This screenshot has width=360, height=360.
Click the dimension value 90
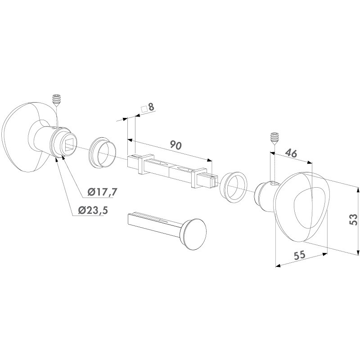(176, 145)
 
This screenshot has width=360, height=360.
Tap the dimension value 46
(291, 153)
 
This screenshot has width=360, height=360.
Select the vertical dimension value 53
(354, 220)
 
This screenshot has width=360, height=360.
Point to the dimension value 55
(300, 255)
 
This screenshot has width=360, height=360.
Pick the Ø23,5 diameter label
(93, 210)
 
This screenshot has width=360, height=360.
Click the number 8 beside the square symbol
(151, 107)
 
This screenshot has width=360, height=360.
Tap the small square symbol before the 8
(144, 109)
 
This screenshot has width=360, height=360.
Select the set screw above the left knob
(56, 100)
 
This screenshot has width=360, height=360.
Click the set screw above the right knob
(274, 139)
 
